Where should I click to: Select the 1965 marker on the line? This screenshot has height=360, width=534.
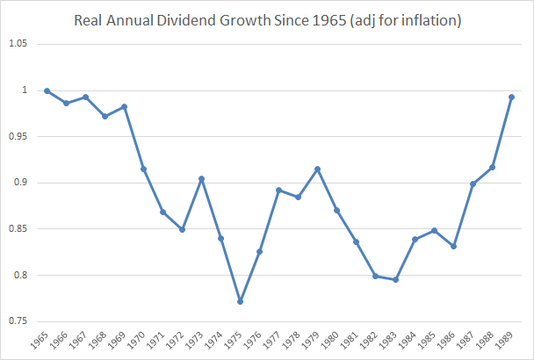[x=47, y=91]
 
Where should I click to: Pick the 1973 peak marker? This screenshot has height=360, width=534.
[x=201, y=179]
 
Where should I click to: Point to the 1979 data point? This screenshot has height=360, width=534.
[x=317, y=169]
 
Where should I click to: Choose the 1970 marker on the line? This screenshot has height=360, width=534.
[x=143, y=169]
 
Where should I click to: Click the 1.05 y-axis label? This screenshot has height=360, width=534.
[x=20, y=45]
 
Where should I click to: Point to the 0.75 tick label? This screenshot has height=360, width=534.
[x=20, y=321]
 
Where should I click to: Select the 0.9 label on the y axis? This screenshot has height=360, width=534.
[x=23, y=183]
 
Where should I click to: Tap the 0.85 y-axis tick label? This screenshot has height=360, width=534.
[x=20, y=229]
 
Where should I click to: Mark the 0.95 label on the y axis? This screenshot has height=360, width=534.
[x=20, y=137]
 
